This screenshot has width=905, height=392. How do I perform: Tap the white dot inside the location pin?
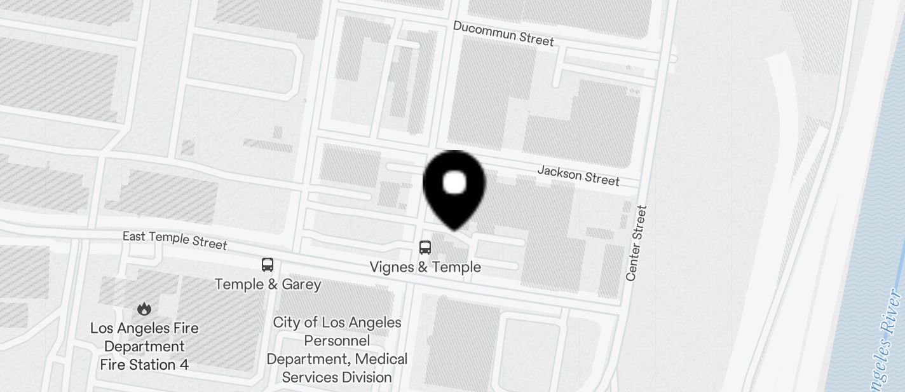pyautogui.click(x=454, y=183)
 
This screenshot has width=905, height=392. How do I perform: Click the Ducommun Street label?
pyautogui.click(x=503, y=33)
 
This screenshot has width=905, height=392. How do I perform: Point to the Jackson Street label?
pyautogui.click(x=578, y=175)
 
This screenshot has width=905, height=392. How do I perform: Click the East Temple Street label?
pyautogui.click(x=175, y=240)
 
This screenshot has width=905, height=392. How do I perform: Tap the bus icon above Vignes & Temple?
pyautogui.click(x=425, y=248)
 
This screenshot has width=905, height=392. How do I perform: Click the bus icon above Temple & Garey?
pyautogui.click(x=268, y=265)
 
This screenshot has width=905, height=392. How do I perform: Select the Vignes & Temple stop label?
pyautogui.click(x=425, y=267)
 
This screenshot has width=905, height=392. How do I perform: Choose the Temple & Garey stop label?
pyautogui.click(x=268, y=284)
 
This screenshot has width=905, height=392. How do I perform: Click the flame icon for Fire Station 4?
pyautogui.click(x=144, y=309)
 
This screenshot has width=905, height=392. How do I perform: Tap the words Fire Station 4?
pyautogui.click(x=144, y=365)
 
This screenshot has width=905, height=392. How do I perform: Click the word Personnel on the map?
pyautogui.click(x=337, y=340)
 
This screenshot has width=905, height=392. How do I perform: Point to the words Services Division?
pyautogui.click(x=337, y=377)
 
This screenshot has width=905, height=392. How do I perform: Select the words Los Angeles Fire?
pyautogui.click(x=144, y=328)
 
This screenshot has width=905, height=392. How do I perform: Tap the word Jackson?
pyautogui.click(x=559, y=172)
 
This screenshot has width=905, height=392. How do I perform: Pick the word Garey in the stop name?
pyautogui.click(x=301, y=284)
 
